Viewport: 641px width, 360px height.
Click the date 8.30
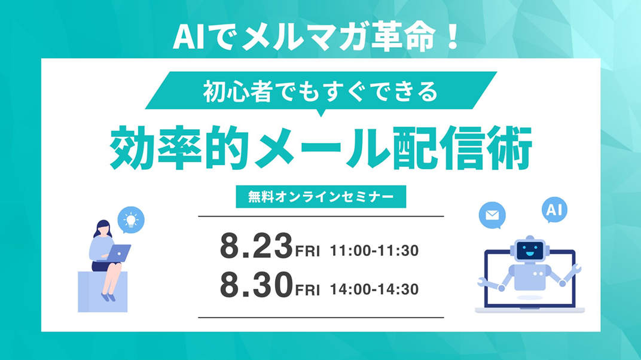(x=257, y=285)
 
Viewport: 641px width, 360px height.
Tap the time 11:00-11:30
(x=374, y=251)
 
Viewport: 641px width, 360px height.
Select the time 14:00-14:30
(x=374, y=289)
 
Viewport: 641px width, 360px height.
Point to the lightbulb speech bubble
(x=131, y=220)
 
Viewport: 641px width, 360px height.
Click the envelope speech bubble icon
(x=492, y=215)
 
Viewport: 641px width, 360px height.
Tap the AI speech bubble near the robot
(x=554, y=210)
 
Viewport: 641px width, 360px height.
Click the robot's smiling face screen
(x=530, y=251)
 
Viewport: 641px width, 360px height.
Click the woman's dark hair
(x=103, y=228)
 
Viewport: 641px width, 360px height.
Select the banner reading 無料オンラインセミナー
(x=321, y=197)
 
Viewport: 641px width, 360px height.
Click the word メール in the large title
(x=321, y=148)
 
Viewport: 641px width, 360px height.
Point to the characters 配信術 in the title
(x=462, y=148)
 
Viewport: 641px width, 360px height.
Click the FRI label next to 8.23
(x=307, y=251)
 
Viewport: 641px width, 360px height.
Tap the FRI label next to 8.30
(x=307, y=289)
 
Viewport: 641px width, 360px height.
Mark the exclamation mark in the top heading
(x=451, y=38)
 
